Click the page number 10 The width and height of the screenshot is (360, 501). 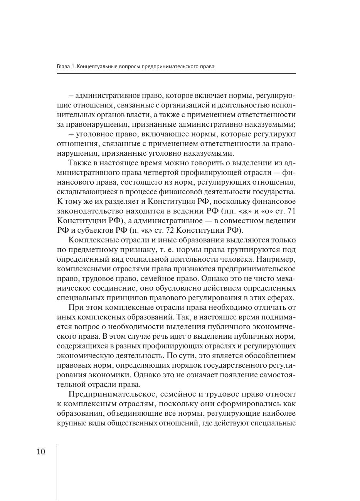tap(41, 452)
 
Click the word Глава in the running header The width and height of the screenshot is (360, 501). tap(63, 67)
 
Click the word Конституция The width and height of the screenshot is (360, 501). tap(171, 202)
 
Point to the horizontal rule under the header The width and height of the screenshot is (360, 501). tap(176, 73)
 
